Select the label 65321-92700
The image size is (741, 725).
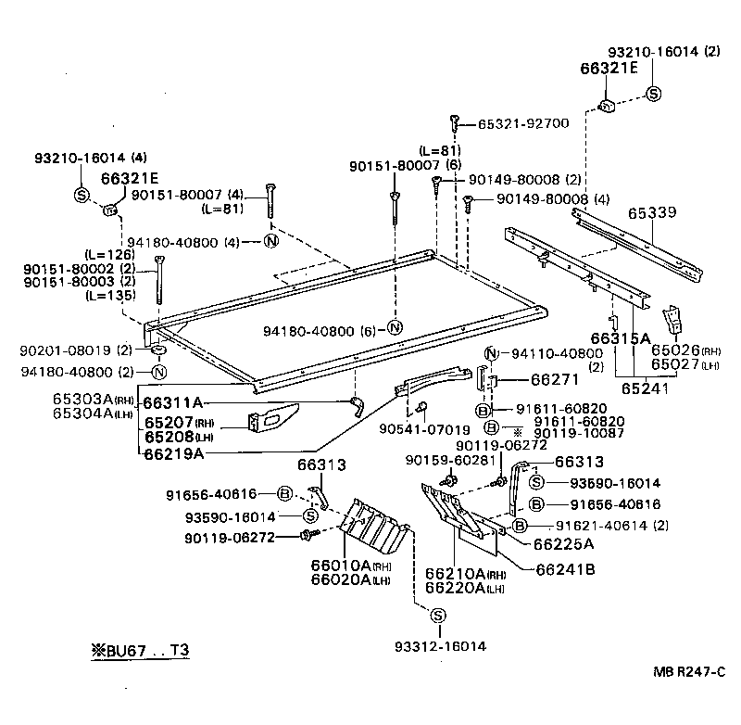(x=523, y=122)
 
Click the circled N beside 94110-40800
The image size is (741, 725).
(x=492, y=352)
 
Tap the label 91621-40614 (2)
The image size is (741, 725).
(x=602, y=526)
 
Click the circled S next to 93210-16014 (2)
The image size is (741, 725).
(x=653, y=93)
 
